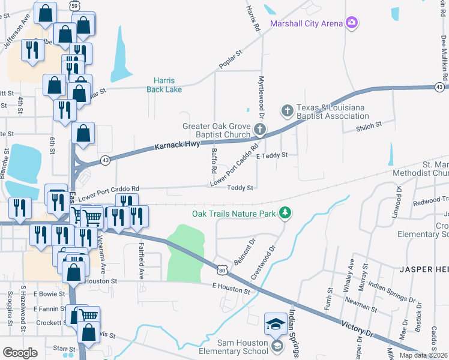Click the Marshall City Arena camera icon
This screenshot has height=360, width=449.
pos(352,23)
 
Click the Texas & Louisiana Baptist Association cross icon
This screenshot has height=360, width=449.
pos(287,110)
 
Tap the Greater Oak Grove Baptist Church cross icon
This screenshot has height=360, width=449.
pos(259,129)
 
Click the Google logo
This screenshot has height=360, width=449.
pos(19,353)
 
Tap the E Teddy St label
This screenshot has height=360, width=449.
pos(272,155)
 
